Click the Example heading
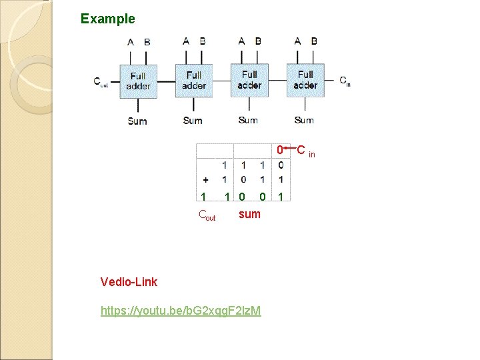pos(107,19)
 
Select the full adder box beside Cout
pos(138,81)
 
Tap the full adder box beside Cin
pos(305,80)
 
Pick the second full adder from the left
pos(193,81)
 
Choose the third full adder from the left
pos(249,80)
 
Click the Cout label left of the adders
pos(101,83)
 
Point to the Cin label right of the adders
pos(345,81)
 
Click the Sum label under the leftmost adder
pos(137,121)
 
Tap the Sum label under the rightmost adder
pos(304,120)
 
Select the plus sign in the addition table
pos(205,179)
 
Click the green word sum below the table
pos(249,214)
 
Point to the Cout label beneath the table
pos(207,215)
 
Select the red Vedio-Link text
pos(129,282)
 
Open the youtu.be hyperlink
pos(181,311)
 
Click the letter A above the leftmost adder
pos(131,42)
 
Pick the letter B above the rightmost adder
pos(314,41)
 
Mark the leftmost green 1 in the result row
pos(202,197)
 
